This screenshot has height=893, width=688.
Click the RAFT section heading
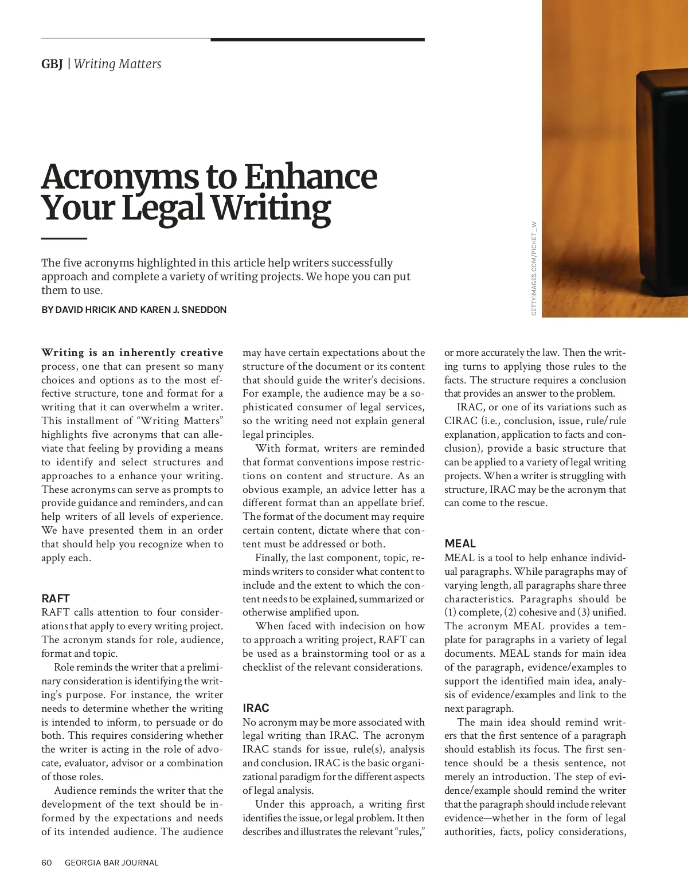pyautogui.click(x=55, y=598)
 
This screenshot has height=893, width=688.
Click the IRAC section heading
pyautogui.click(x=256, y=708)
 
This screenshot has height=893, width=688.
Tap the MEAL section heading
pyautogui.click(x=460, y=543)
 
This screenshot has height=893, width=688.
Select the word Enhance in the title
pyautogui.click(x=310, y=177)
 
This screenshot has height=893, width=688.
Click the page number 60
pyautogui.click(x=46, y=863)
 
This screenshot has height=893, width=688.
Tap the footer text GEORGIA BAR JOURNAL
pyautogui.click(x=111, y=863)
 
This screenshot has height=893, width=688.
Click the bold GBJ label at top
pyautogui.click(x=52, y=64)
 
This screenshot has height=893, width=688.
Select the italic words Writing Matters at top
pyautogui.click(x=118, y=64)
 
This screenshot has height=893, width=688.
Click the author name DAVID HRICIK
pyautogui.click(x=86, y=310)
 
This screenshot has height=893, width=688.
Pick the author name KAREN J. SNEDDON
pyautogui.click(x=183, y=310)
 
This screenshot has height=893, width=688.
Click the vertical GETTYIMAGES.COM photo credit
pyautogui.click(x=534, y=268)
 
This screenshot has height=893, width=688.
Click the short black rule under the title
pyautogui.click(x=64, y=238)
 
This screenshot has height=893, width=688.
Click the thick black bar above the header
pyautogui.click(x=318, y=40)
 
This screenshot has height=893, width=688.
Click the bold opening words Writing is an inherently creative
pyautogui.click(x=132, y=352)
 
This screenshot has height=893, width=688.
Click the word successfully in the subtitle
pyautogui.click(x=362, y=263)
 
